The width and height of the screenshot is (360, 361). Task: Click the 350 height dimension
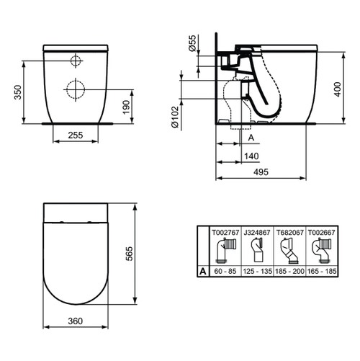point(16,92)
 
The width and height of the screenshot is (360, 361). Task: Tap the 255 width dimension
point(76,134)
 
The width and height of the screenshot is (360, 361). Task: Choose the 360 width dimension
point(75,322)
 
